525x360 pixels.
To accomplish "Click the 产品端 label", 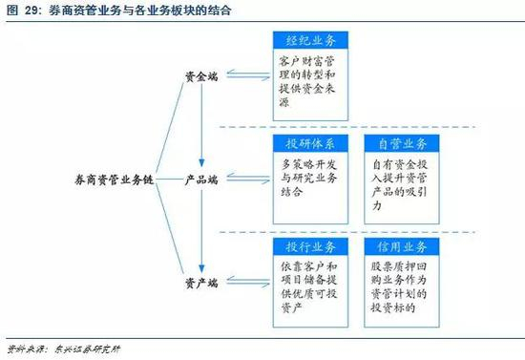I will (x=201, y=178).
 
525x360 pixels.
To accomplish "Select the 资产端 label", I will (x=201, y=282).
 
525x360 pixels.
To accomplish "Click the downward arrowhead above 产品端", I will (x=201, y=161).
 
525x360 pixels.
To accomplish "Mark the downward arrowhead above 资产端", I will (x=201, y=265).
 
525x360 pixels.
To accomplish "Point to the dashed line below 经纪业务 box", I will (x=372, y=125).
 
